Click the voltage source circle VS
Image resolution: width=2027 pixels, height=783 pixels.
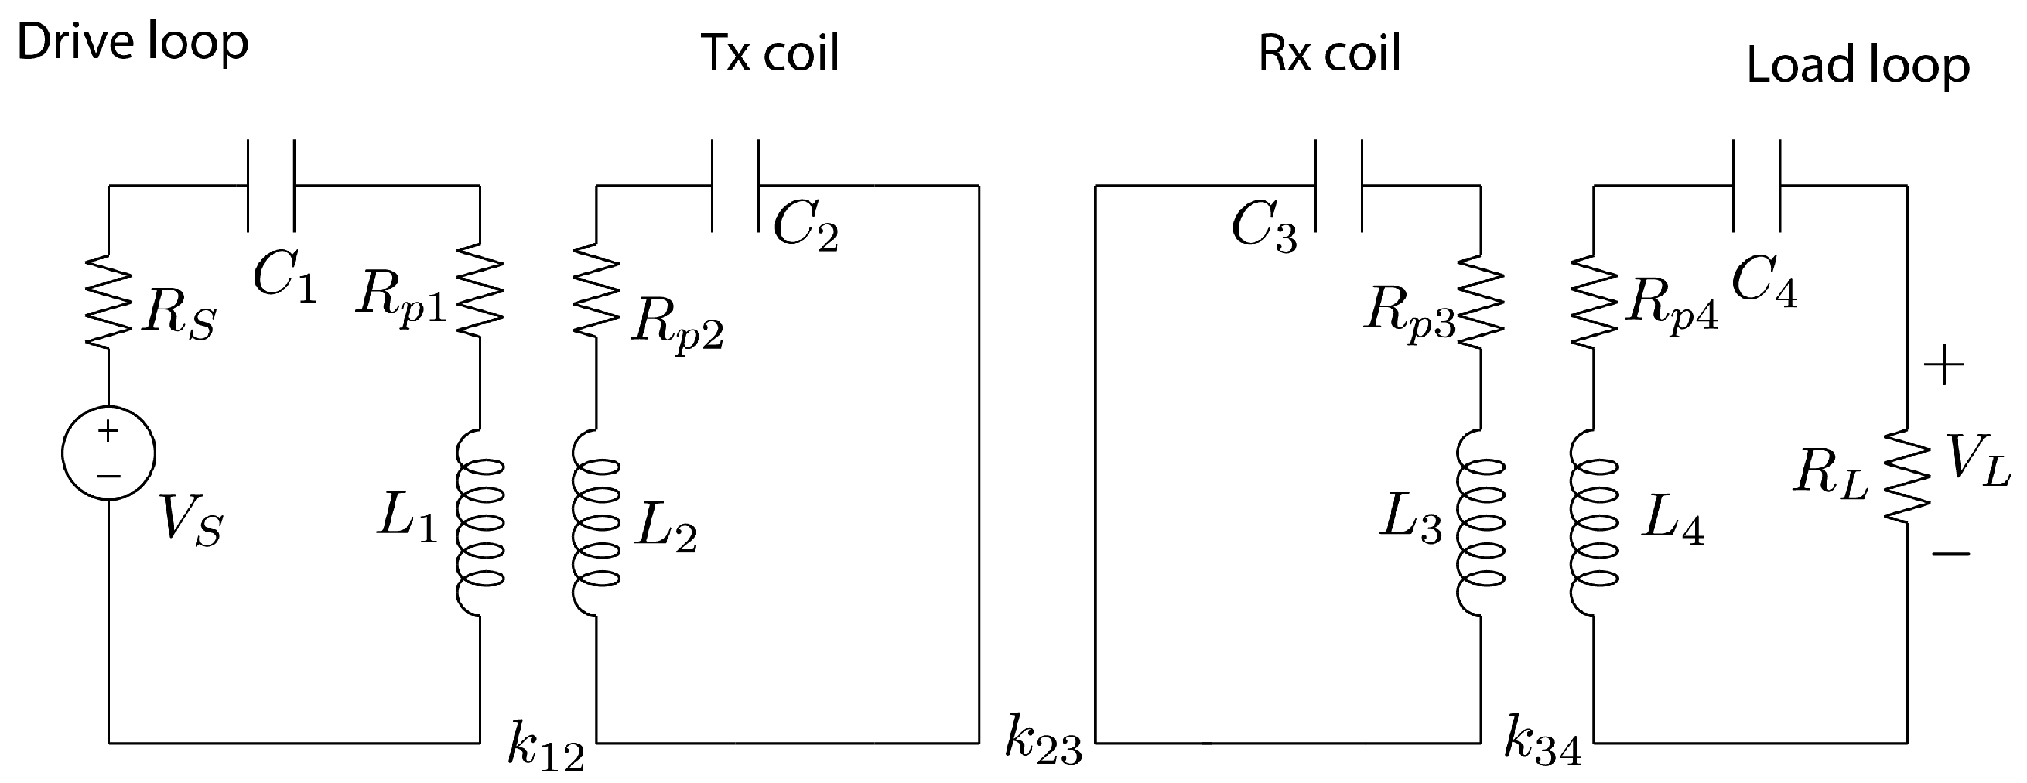[x=108, y=453]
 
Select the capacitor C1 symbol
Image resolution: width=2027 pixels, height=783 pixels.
[x=272, y=186]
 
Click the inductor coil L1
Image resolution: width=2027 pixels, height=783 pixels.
[x=479, y=522]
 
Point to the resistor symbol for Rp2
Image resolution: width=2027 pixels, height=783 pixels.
[x=596, y=289]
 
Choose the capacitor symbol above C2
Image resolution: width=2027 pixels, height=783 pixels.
[x=736, y=186]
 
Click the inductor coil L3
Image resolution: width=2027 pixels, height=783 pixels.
[x=1480, y=522]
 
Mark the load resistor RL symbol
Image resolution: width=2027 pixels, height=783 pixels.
[x=1907, y=474]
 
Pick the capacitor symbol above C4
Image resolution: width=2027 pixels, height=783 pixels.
[x=1756, y=186]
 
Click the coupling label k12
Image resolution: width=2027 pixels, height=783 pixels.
[x=545, y=744]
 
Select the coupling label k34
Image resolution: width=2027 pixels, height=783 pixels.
[x=1541, y=741]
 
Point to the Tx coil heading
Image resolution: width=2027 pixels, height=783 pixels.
[x=770, y=53]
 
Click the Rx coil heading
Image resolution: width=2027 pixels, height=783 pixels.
[x=1329, y=53]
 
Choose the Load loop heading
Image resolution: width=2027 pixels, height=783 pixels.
[x=1858, y=65]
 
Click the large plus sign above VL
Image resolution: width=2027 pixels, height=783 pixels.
[x=1943, y=365]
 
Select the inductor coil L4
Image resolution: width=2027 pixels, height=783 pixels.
[x=1595, y=522]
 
